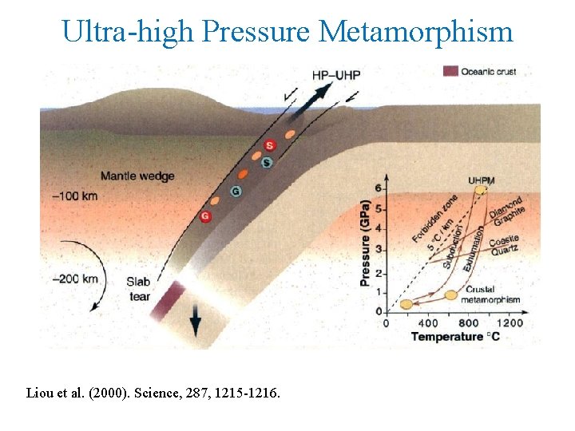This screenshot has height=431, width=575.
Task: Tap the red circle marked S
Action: [x=269, y=145]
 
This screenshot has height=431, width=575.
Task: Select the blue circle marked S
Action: [x=267, y=163]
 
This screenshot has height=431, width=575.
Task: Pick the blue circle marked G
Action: [x=236, y=191]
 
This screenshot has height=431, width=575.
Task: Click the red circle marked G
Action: [x=206, y=216]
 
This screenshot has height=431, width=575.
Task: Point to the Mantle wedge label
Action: [x=137, y=176]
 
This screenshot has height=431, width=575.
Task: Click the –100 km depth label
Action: [x=75, y=196]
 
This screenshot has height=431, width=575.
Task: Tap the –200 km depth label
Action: [x=75, y=279]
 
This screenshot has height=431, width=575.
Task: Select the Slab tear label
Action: [x=139, y=289]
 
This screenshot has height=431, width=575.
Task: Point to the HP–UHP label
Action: [x=336, y=75]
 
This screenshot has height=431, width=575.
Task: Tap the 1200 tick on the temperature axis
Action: [x=508, y=323]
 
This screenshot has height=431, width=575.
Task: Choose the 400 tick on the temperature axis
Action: [x=427, y=323]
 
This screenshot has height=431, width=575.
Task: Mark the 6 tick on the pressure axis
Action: [x=379, y=188]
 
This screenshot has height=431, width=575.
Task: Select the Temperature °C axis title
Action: [x=455, y=337]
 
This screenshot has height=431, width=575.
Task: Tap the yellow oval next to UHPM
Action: [x=481, y=190]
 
